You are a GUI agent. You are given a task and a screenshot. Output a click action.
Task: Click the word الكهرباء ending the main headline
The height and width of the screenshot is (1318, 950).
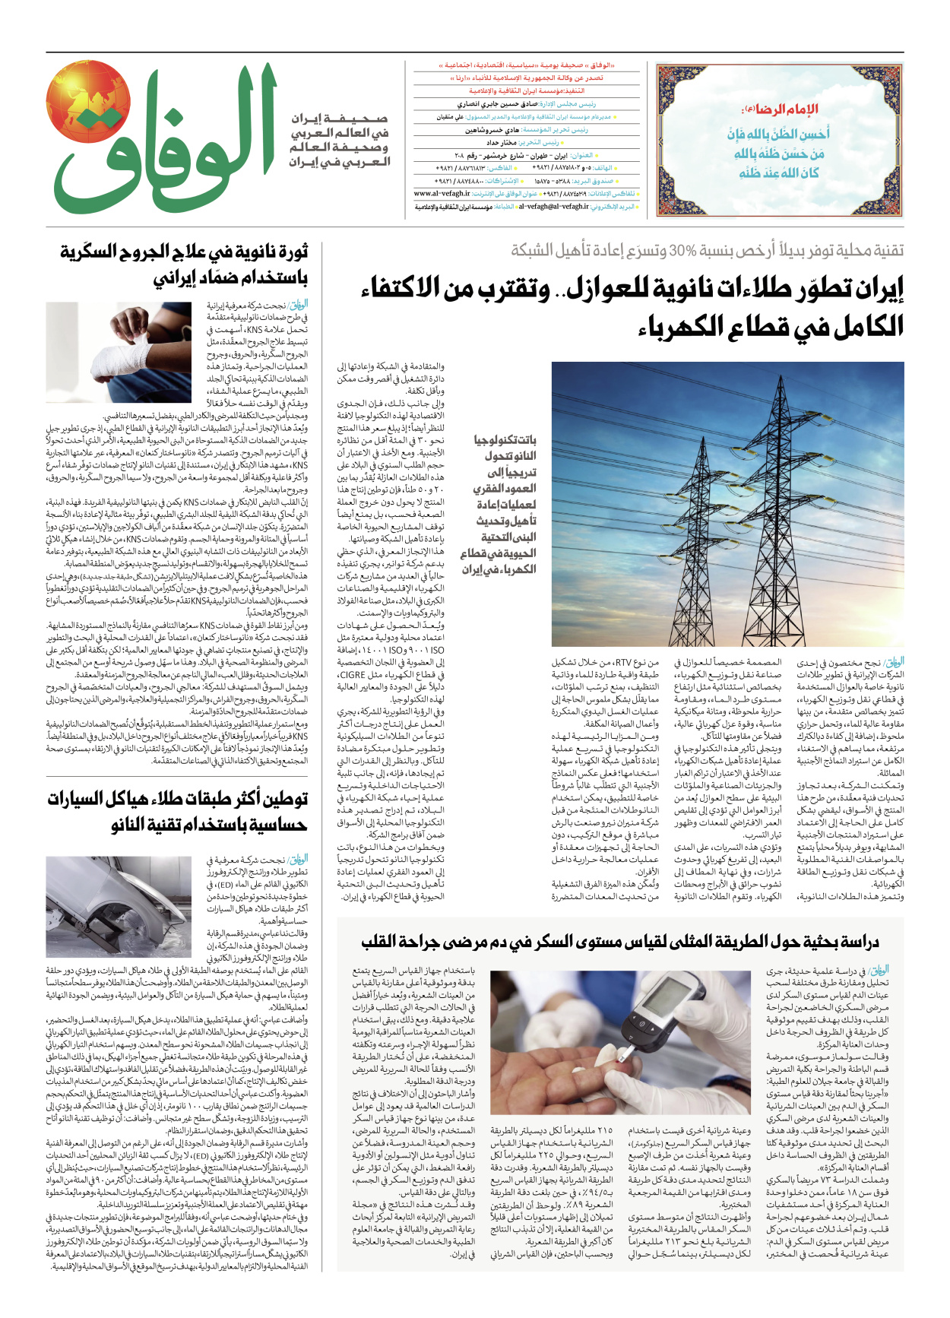[x=684, y=327]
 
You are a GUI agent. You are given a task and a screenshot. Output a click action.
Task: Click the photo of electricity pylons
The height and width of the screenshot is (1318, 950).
[x=727, y=504]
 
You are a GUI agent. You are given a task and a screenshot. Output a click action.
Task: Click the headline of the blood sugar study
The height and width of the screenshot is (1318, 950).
[x=619, y=942]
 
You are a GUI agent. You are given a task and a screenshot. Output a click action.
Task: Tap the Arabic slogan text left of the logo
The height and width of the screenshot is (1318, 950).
[x=340, y=141]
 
